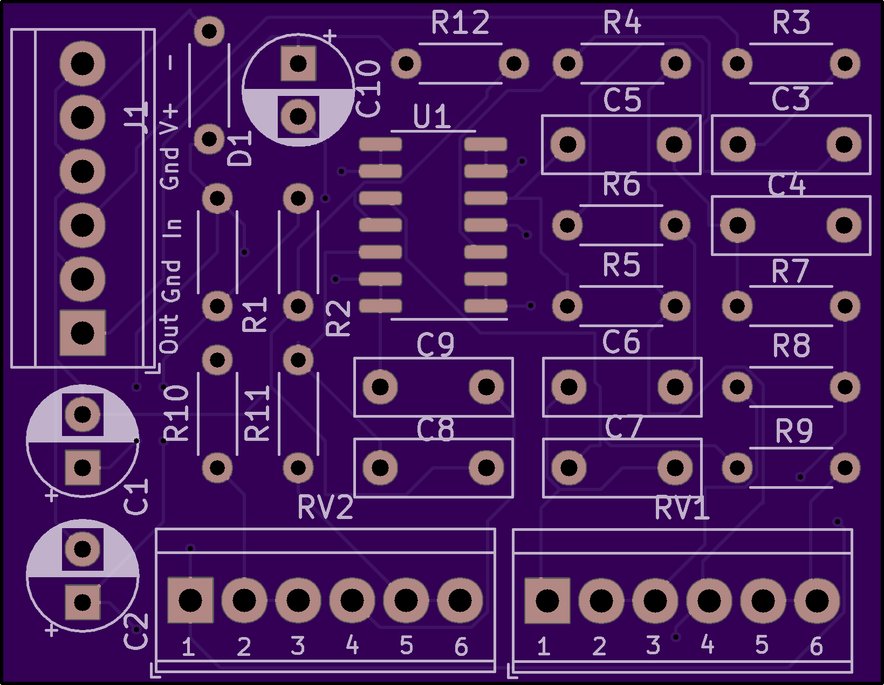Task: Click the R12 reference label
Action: coord(460,23)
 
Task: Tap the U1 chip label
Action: coord(431,116)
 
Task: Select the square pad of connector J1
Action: coord(83,333)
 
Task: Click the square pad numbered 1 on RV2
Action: coord(190,600)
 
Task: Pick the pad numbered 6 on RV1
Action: coord(817,600)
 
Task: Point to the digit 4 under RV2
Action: coord(352,645)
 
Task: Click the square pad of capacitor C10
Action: coord(298,64)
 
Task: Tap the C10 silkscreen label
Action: coord(368,88)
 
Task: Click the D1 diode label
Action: coord(239,148)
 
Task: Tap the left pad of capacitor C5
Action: coord(568,144)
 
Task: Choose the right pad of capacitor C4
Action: coord(844,225)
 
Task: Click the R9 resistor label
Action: coord(794,431)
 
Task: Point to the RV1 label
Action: coord(682,508)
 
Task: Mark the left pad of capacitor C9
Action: coord(380,386)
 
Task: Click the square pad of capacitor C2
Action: coord(83,602)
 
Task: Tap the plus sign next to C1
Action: coord(51,495)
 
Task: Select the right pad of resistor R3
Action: coord(845,64)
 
